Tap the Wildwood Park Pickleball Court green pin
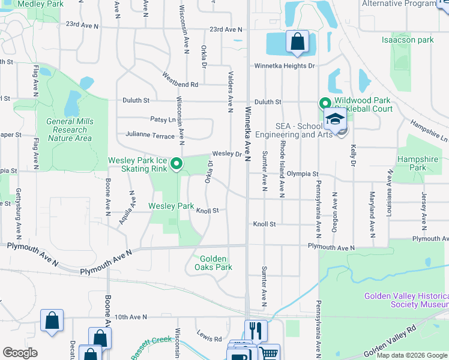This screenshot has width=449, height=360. tap(325, 104)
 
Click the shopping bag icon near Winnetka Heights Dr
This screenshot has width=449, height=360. tap(297, 41)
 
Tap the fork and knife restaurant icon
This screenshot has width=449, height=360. tap(255, 330)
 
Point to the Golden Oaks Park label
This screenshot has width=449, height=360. tap(213, 263)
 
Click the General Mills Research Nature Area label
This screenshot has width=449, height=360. tap(70, 130)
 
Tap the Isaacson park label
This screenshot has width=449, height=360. tap(408, 40)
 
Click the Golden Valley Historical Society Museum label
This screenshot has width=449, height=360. tap(406, 301)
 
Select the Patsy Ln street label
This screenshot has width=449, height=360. tap(162, 119)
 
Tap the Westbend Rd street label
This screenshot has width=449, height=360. tap(180, 80)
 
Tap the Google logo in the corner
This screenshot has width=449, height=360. tap(20, 353)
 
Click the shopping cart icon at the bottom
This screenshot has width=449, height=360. tap(270, 353)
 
